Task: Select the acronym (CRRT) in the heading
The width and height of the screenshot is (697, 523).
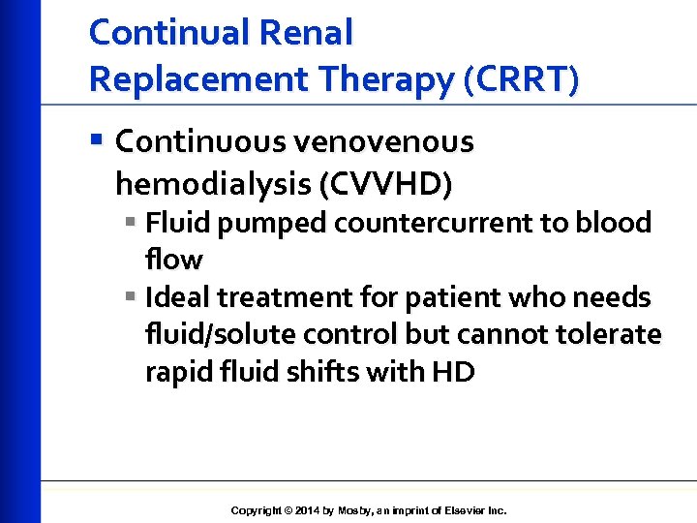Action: pyautogui.click(x=522, y=78)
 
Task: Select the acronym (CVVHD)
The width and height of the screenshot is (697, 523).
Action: pyautogui.click(x=378, y=182)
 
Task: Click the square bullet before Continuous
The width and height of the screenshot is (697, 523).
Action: pyautogui.click(x=96, y=141)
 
